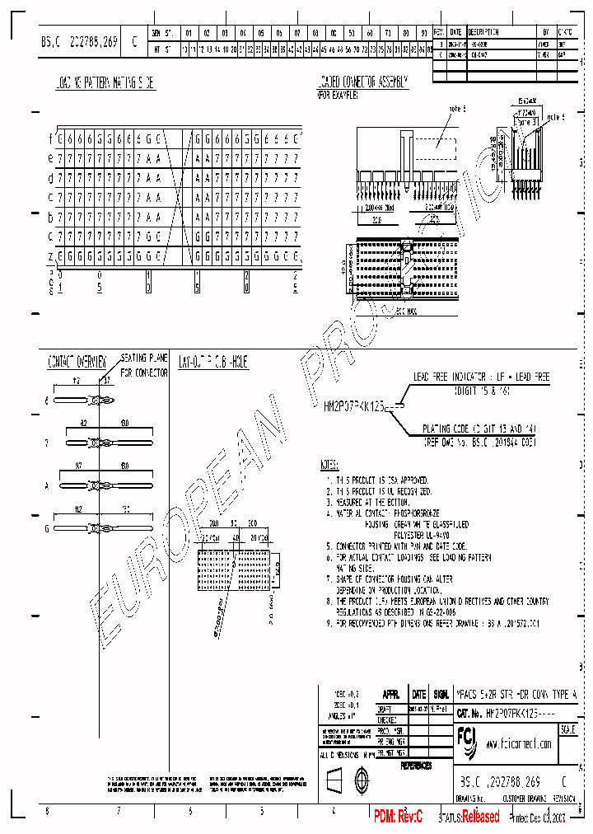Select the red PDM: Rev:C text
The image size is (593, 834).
(x=398, y=816)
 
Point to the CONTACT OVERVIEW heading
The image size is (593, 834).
(x=77, y=361)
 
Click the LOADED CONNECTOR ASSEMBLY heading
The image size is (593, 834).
(x=362, y=82)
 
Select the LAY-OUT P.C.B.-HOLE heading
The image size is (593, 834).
(x=213, y=361)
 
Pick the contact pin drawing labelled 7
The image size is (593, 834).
(x=107, y=443)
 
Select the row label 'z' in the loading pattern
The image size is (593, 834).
(x=50, y=256)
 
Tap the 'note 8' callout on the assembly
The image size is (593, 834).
(x=457, y=109)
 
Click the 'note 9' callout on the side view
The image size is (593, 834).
(x=557, y=117)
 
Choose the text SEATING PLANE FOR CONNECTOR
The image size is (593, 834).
(x=145, y=365)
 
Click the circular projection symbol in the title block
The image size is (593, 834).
(x=359, y=778)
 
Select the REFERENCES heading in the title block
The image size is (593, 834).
(x=416, y=766)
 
